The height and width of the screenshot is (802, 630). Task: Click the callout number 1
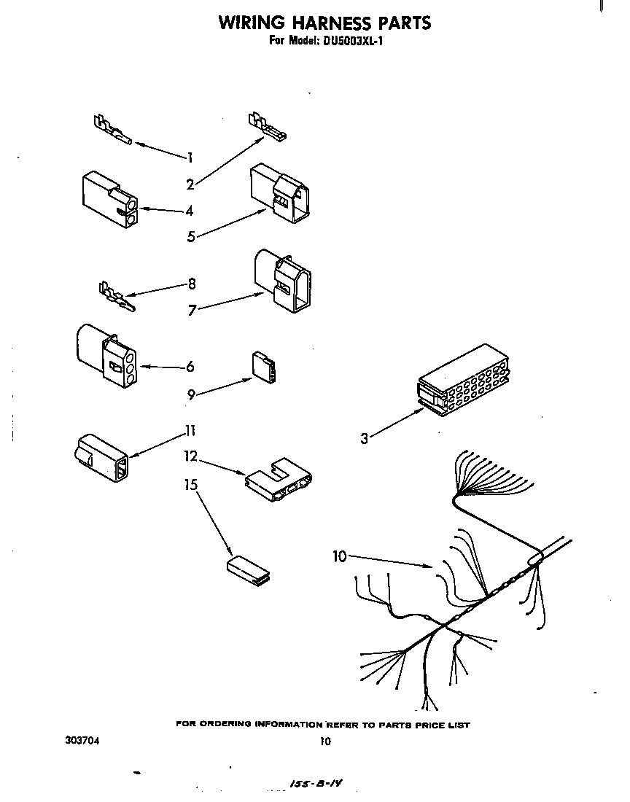click(190, 157)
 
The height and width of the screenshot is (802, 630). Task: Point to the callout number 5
click(190, 236)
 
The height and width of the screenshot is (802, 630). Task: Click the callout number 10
click(339, 557)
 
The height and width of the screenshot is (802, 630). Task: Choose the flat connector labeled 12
click(279, 479)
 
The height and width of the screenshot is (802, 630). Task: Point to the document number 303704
click(82, 741)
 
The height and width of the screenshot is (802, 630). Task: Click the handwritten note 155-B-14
click(316, 785)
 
